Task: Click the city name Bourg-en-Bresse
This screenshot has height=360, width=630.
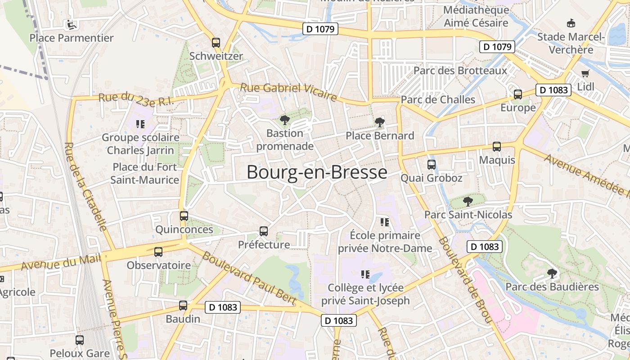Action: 317,172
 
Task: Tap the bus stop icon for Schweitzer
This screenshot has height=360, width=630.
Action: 216,43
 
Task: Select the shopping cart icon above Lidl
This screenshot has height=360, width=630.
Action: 585,74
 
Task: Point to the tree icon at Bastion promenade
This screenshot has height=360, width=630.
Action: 284,120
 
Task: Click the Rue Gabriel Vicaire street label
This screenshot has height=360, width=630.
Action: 288,91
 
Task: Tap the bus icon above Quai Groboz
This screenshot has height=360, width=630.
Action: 432,165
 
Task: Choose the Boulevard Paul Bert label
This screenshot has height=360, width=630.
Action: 248,278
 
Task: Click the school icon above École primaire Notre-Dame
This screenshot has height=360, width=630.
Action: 384,222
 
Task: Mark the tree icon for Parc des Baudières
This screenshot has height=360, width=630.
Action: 552,273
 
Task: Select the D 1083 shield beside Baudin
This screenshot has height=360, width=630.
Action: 222,307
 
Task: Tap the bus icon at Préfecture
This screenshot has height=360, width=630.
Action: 264,231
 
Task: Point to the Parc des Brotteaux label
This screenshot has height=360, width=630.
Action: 460,71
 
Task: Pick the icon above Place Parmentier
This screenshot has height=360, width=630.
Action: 71,24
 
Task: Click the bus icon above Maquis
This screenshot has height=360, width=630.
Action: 497,147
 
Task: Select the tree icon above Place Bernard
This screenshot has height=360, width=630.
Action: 379,122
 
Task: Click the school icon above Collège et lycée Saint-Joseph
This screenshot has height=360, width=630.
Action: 365,274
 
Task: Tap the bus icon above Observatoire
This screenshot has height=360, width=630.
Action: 158,252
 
